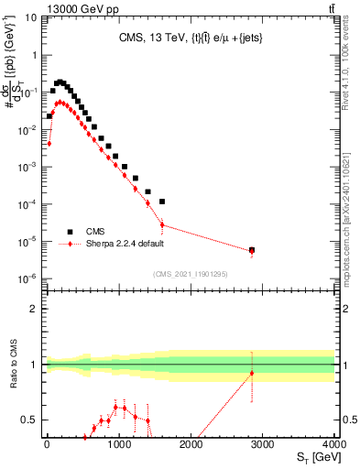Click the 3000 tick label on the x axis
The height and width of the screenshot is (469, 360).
[262, 446]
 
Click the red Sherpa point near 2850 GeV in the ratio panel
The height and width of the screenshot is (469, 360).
[252, 374]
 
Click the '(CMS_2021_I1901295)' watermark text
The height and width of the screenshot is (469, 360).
[190, 274]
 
